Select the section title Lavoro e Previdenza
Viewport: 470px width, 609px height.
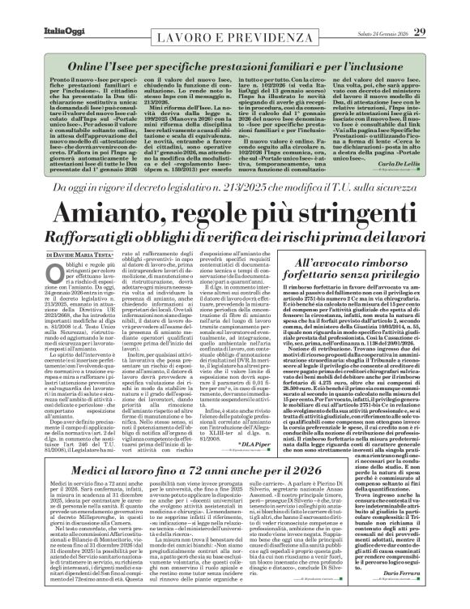click(x=235, y=28)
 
